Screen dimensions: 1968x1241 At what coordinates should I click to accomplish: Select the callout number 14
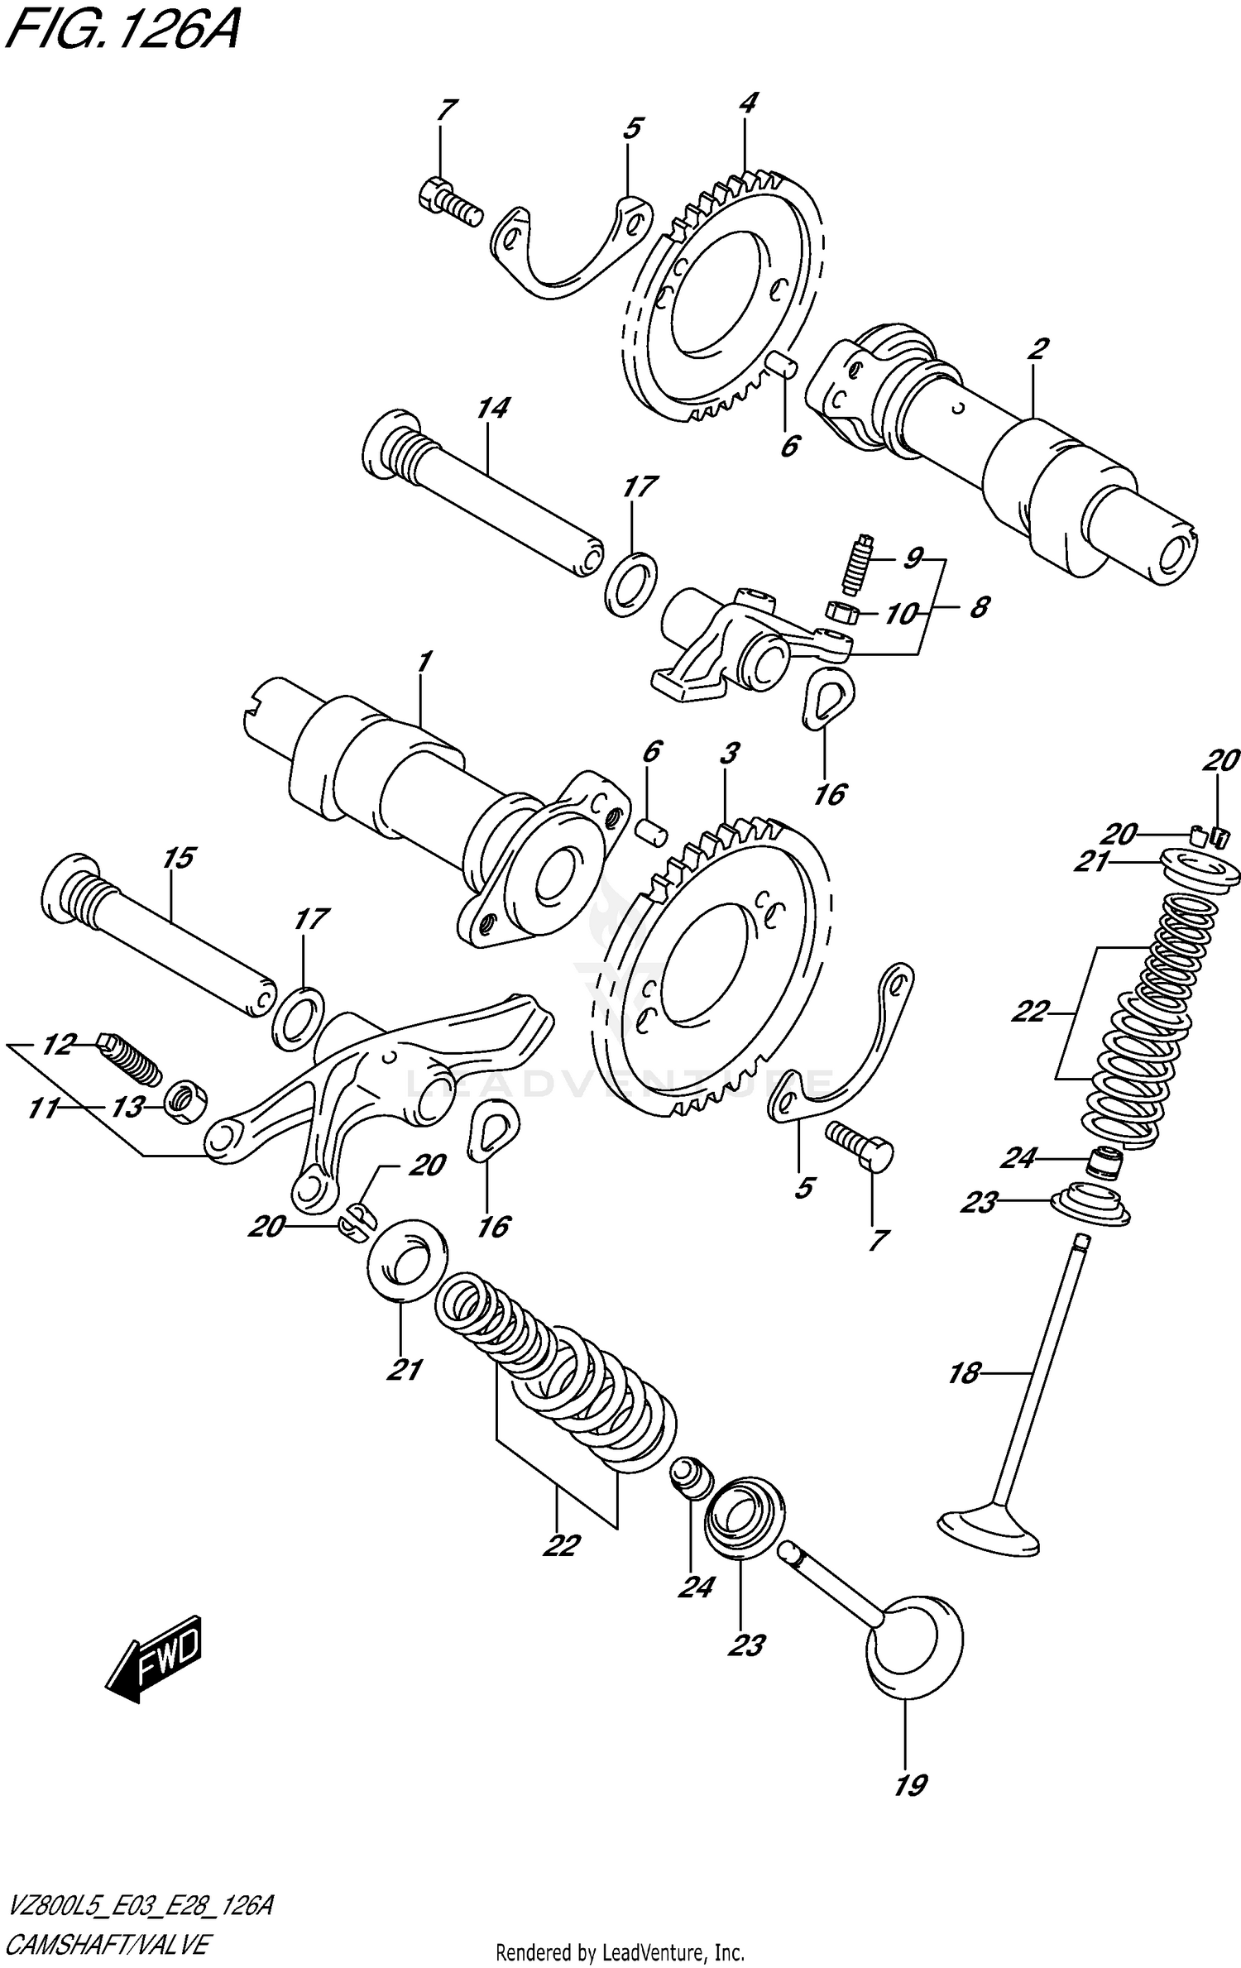coord(493,409)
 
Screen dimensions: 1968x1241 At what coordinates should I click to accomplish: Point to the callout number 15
coord(179,858)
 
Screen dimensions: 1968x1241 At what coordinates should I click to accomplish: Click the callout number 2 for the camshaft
coord(1037,348)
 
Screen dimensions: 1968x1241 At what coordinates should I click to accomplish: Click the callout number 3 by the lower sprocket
coord(728,754)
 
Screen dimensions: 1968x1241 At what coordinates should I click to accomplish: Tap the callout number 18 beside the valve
coord(963,1374)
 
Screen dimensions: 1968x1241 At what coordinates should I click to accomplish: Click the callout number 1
coord(424,662)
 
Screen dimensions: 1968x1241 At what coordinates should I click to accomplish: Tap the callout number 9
coord(912,560)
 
